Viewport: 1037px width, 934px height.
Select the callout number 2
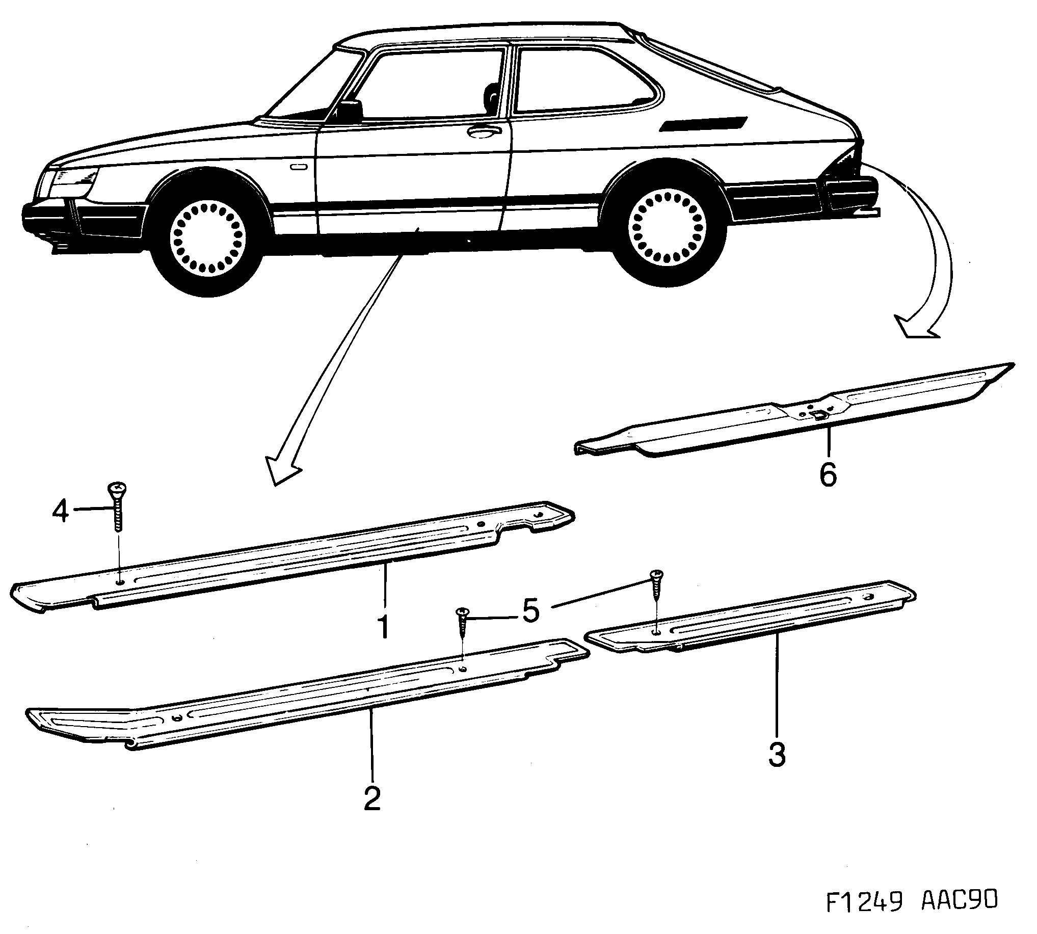tap(372, 798)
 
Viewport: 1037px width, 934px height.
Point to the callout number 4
tap(61, 511)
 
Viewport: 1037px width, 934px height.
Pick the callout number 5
tap(530, 610)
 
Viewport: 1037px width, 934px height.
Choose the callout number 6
tap(828, 474)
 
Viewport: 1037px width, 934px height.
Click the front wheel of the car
tap(208, 237)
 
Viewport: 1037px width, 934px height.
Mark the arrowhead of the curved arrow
tap(917, 329)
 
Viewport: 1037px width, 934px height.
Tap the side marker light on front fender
tap(298, 167)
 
